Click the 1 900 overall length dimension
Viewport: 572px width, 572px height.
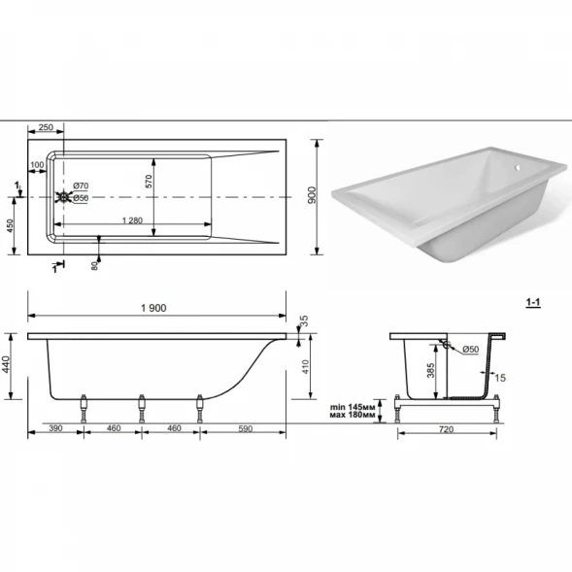click(153, 308)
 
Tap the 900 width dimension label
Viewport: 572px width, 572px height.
click(312, 195)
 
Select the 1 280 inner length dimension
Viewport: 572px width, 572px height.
click(132, 220)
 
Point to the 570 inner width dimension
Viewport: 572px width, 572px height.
click(149, 182)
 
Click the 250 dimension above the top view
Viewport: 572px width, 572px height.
click(46, 127)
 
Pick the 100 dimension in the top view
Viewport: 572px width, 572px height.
click(37, 165)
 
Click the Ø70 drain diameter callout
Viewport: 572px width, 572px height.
click(81, 185)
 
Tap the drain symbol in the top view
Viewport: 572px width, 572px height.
click(63, 197)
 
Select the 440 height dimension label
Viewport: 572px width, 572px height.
click(6, 364)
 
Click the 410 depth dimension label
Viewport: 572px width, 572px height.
click(305, 367)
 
